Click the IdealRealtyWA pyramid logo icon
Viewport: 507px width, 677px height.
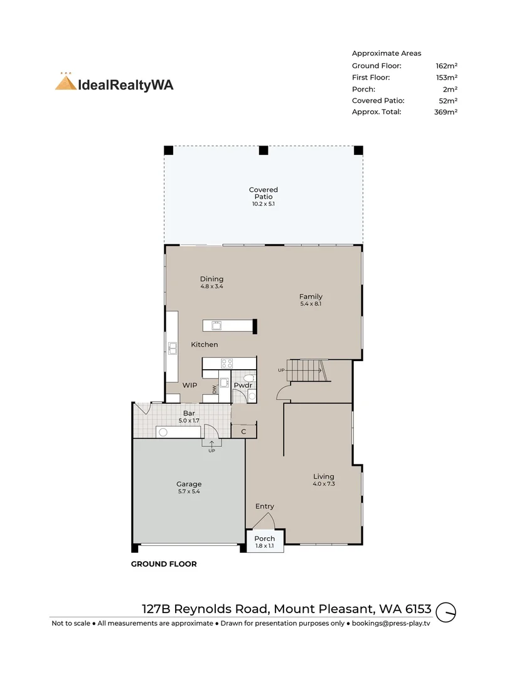tap(66, 81)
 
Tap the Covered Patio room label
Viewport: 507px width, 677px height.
tap(263, 193)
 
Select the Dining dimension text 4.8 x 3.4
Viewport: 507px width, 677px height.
tap(212, 286)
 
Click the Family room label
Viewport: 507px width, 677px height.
tap(311, 297)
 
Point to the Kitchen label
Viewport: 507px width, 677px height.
tap(205, 345)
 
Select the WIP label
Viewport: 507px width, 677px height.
tap(189, 385)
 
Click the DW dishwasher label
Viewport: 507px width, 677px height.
tap(215, 389)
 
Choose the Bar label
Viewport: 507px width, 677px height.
tap(189, 413)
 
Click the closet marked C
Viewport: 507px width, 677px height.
tap(244, 431)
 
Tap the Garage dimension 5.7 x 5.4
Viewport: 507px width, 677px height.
tap(189, 491)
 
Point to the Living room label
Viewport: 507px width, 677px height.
tap(324, 476)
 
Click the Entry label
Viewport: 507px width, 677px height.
tap(265, 506)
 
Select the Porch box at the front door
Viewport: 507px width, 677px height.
tap(265, 541)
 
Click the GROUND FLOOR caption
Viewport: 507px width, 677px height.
tap(164, 564)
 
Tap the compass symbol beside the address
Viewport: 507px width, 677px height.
tap(446, 612)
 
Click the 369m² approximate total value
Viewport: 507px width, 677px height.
tap(446, 112)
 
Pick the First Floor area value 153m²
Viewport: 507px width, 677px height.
tap(447, 77)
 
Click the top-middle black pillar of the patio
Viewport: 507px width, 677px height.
tap(263, 150)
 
